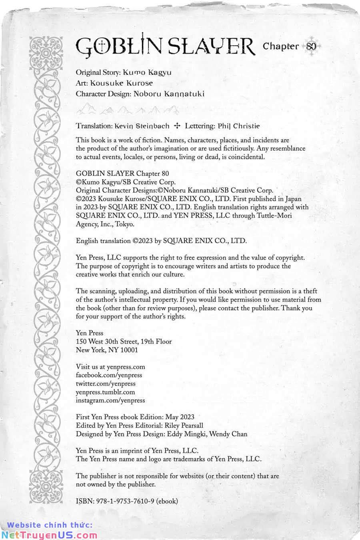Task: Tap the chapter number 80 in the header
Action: pos(312,46)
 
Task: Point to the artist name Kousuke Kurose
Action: pos(122,83)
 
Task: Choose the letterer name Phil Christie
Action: pos(239,126)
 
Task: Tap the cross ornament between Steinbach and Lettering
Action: pos(177,126)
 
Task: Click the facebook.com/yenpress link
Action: pos(109,375)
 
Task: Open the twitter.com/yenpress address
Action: pos(106,384)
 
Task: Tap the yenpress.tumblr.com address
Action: pos(105,392)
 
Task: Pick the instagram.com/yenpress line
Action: pos(110,400)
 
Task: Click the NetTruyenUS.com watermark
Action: pos(49,535)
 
